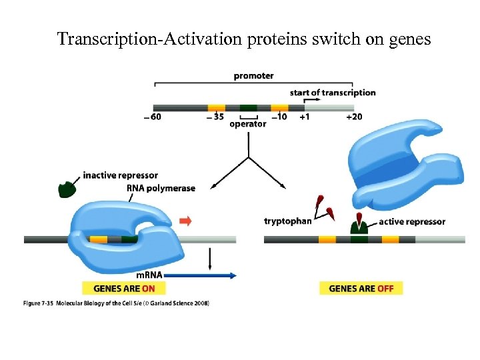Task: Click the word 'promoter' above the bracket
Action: pos(253,76)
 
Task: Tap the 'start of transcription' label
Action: pos(333,93)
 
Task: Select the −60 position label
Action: pos(152,117)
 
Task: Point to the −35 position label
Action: pos(215,117)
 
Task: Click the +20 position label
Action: pos(354,117)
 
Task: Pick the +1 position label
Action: pos(304,117)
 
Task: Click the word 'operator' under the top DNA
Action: pos(248,124)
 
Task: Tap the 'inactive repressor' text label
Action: pos(121,175)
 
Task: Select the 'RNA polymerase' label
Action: pos(161,188)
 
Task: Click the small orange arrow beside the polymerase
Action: pos(186,221)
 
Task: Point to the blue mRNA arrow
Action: pos(200,275)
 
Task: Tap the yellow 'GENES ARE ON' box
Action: pos(123,289)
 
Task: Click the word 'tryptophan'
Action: pos(287,221)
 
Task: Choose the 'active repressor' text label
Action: pos(411,221)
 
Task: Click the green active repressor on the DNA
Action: pos(359,228)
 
